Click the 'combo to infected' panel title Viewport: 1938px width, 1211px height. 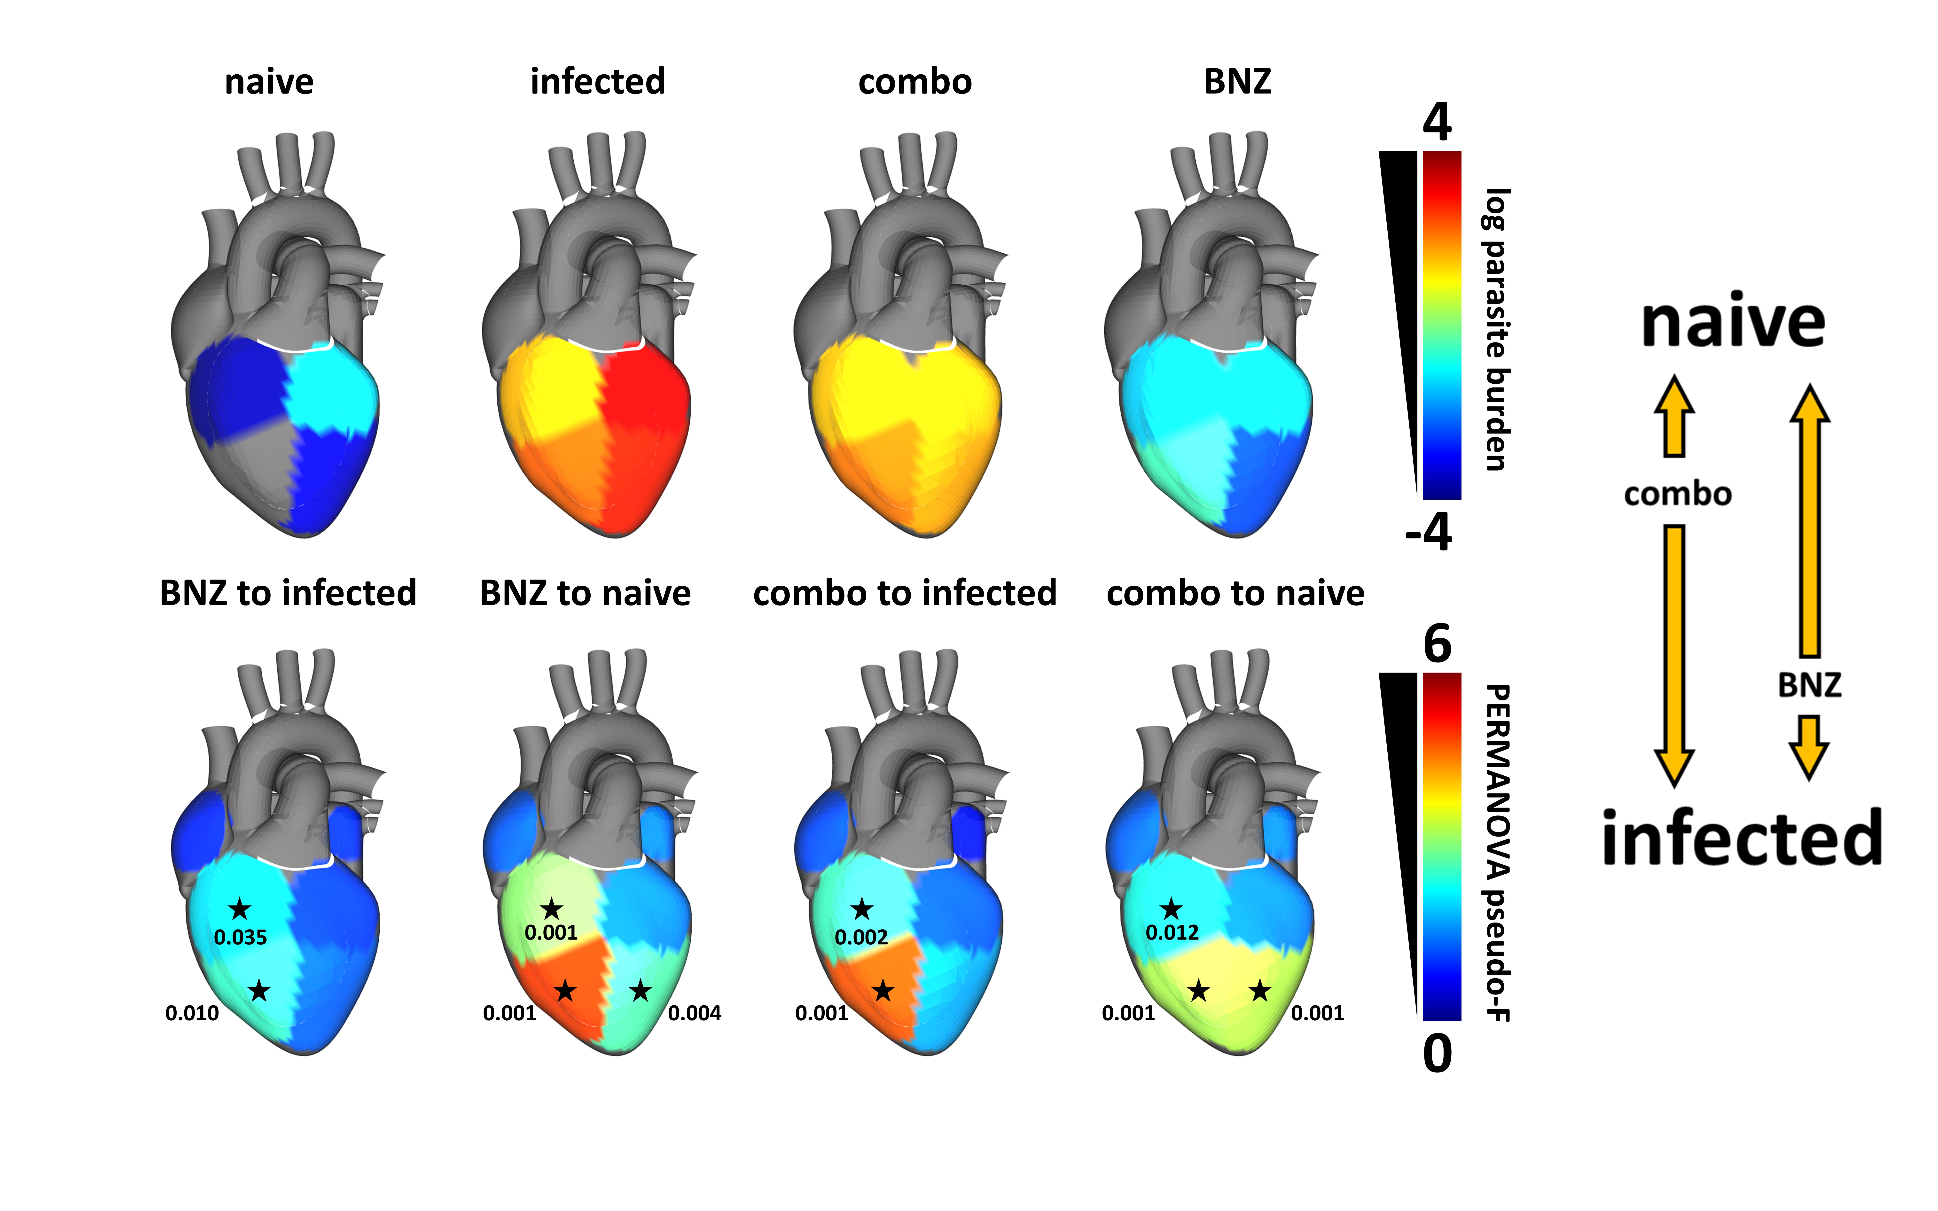click(x=905, y=593)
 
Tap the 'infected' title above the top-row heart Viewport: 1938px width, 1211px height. click(x=597, y=82)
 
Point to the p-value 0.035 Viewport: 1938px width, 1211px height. click(x=240, y=937)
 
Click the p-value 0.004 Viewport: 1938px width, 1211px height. click(x=694, y=1013)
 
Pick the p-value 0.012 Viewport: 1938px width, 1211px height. click(x=1172, y=932)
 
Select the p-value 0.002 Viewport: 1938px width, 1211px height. click(x=861, y=937)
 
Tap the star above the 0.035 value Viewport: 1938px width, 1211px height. click(x=239, y=909)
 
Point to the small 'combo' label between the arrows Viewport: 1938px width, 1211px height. click(x=1677, y=494)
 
